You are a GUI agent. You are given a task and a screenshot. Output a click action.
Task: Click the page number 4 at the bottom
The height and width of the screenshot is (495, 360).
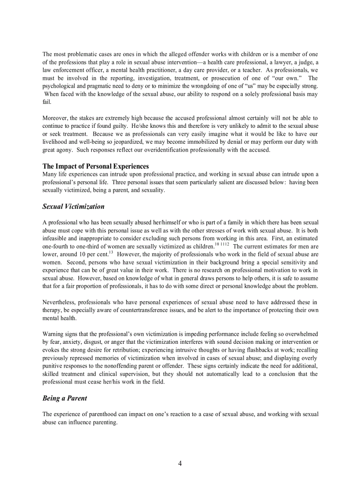point(180,463)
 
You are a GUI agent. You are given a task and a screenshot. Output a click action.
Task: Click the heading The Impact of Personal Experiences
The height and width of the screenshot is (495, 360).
point(95,166)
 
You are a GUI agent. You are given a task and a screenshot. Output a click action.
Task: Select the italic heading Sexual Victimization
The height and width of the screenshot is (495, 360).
point(73,206)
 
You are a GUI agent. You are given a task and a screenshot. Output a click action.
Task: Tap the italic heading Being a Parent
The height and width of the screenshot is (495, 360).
point(64,398)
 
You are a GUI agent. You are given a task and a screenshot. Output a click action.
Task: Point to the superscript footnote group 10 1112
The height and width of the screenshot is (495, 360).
point(221,245)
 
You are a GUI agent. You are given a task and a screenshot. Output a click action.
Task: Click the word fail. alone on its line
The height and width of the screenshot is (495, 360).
point(47,102)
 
